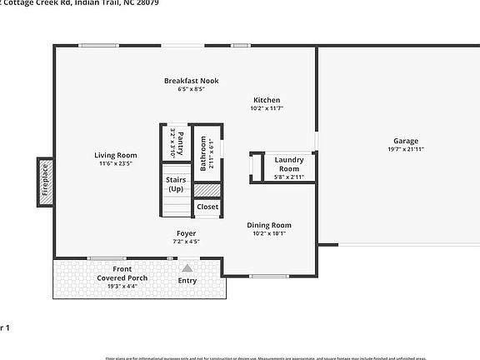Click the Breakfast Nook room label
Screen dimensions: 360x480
[191, 80]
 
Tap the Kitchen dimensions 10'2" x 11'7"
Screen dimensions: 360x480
[267, 108]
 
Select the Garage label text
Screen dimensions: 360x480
[406, 141]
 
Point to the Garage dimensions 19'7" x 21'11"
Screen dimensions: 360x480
[406, 149]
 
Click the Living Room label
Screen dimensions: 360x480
[116, 155]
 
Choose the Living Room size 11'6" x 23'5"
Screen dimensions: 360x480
[116, 163]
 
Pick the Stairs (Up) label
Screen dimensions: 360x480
[176, 184]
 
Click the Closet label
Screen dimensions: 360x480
[207, 207]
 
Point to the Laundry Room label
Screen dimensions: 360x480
[289, 163]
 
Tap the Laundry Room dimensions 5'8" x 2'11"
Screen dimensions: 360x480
[289, 177]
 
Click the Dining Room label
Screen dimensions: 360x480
[269, 225]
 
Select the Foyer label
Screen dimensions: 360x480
[186, 233]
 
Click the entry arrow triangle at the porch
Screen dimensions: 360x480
[187, 268]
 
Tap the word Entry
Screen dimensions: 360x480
[187, 280]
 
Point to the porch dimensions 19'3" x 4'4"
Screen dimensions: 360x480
[122, 286]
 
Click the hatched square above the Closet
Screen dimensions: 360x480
[207, 191]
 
